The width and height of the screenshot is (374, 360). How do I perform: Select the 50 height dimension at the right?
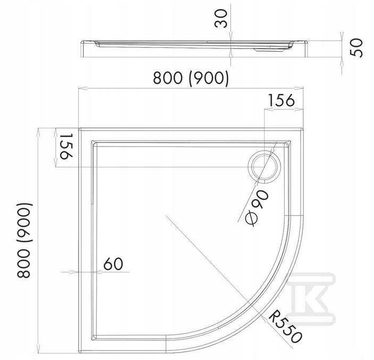coord(357,47)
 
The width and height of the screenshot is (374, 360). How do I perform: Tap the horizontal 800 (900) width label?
coord(191,78)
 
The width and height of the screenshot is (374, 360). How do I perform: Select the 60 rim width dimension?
coord(113,263)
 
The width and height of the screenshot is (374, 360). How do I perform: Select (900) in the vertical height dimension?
coord(24,220)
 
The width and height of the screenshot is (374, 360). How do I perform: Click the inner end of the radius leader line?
coord(166,215)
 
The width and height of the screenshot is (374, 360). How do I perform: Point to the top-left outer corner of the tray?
coord(79,128)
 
